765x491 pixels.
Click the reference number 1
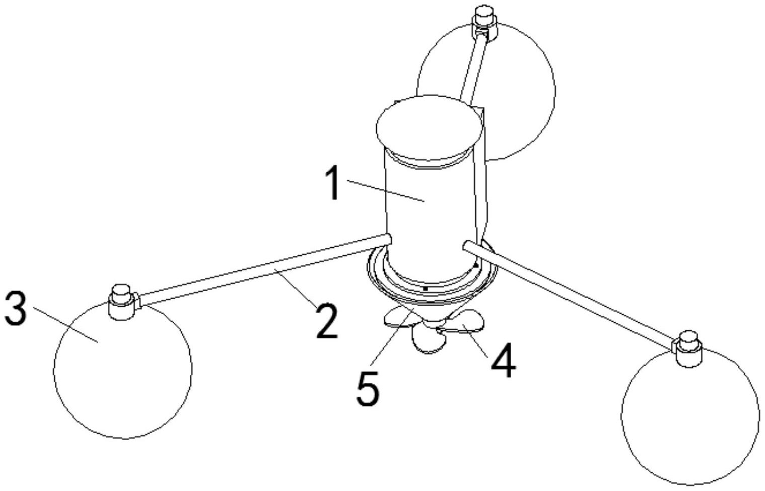pos(332,183)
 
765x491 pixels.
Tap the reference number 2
pos(327,321)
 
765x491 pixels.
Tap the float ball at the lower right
pos(690,416)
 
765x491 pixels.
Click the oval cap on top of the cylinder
pos(430,128)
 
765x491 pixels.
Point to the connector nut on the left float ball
pos(122,302)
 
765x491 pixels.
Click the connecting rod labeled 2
pos(265,270)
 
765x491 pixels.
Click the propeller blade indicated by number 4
pos(463,323)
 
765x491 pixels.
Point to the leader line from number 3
pos(65,324)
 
